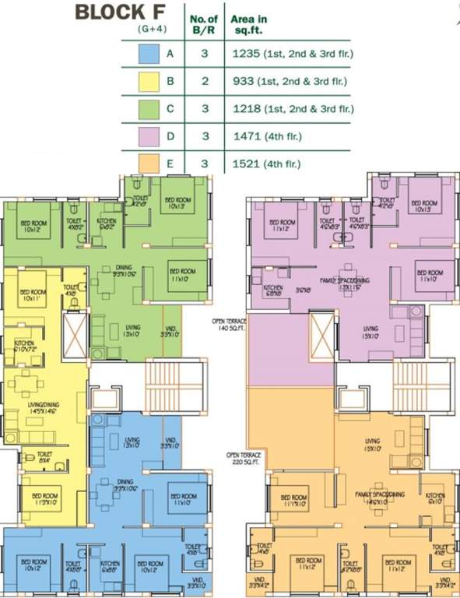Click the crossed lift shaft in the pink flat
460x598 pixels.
point(322,332)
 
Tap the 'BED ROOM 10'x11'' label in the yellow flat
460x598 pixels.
point(32,296)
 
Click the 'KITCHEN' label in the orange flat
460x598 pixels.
point(434,497)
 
